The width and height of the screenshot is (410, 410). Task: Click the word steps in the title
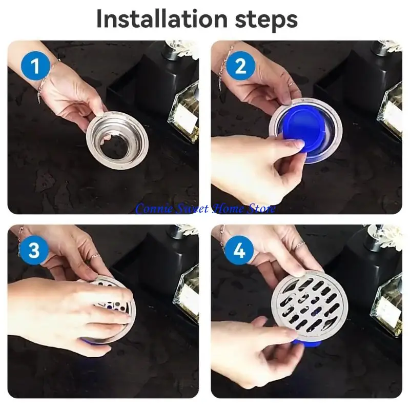click(x=266, y=20)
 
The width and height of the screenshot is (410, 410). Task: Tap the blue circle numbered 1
click(x=35, y=66)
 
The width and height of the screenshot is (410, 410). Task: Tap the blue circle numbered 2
click(x=240, y=66)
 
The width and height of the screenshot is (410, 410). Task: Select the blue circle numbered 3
click(x=34, y=250)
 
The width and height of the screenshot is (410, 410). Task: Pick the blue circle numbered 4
click(x=239, y=250)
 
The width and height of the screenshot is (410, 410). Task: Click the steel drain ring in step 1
click(x=117, y=140)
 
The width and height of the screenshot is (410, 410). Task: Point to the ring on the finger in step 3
click(x=96, y=256)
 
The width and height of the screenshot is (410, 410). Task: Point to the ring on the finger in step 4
click(x=300, y=246)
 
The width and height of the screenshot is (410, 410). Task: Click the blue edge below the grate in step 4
click(x=306, y=344)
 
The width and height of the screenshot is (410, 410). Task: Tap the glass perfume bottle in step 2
click(x=389, y=112)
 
